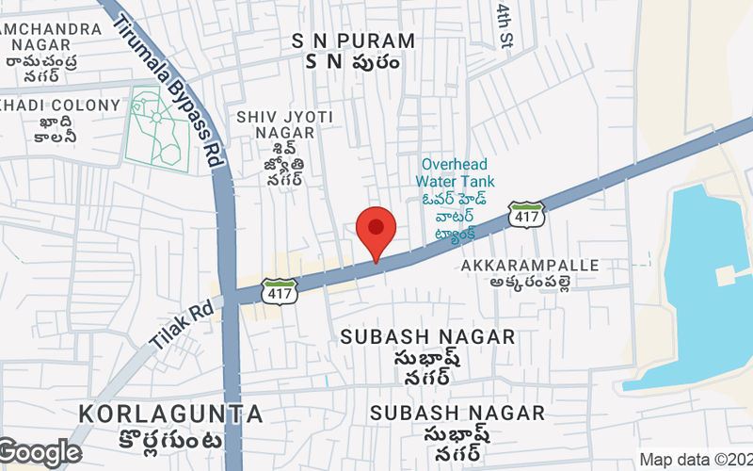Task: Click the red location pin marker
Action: (376, 230)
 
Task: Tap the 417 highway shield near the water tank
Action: (527, 216)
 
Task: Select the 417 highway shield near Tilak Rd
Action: (280, 290)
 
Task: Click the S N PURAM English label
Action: (353, 41)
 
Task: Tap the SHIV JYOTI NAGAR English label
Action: (284, 124)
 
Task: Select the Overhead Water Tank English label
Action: (456, 171)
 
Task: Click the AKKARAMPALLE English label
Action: (530, 266)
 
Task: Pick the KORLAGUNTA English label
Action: (170, 413)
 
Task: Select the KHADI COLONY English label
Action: (61, 106)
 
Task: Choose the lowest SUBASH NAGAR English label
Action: (457, 413)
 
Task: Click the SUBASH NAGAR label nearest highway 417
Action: (427, 336)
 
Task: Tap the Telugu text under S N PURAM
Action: (353, 62)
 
